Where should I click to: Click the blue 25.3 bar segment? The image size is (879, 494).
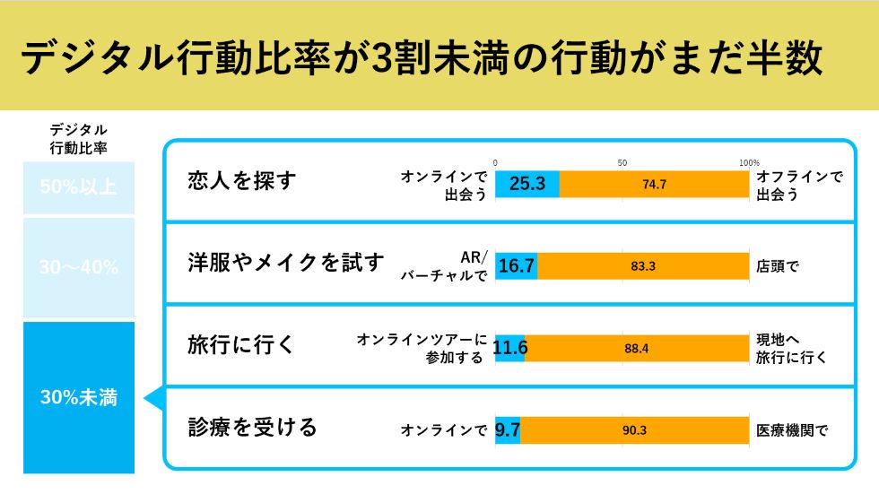527,184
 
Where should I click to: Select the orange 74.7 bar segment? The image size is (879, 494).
654,184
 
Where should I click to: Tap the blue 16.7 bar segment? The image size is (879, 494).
517,265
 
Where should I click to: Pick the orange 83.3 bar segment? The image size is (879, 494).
642,265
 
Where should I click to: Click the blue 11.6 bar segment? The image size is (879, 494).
509,348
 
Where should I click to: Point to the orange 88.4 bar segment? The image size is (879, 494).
637,348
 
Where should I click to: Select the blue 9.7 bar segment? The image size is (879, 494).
508,430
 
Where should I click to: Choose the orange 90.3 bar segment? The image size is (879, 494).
634,430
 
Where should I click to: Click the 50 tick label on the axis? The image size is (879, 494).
622,162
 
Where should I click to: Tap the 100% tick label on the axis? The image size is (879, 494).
748,162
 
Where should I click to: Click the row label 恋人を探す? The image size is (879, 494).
241,181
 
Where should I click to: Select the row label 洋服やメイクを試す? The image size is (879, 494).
285,263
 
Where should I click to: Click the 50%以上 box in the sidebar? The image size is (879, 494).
79,187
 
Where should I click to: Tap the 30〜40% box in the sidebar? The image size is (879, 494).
79,267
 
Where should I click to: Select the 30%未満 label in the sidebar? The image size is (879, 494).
79,398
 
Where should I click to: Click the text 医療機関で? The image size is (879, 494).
792,430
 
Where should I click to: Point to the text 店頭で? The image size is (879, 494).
777,266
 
